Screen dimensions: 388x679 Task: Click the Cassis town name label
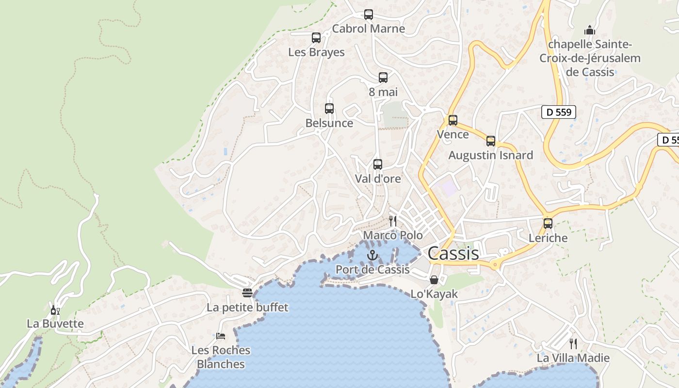pos(453,253)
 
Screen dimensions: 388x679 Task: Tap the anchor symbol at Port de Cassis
pos(372,255)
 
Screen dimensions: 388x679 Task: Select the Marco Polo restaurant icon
pos(393,221)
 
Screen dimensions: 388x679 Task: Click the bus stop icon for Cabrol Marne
pos(369,15)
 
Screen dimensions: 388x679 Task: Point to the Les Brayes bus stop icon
pos(316,38)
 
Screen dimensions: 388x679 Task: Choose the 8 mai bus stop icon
pos(383,78)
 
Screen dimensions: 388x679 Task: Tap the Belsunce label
pos(329,123)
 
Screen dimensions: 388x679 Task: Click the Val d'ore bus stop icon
pos(378,164)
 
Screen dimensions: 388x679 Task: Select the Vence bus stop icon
pos(453,120)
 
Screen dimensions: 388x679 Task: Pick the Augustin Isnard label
pos(490,155)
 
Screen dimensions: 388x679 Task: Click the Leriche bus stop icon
pos(548,224)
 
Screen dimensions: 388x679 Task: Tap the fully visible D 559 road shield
pos(558,112)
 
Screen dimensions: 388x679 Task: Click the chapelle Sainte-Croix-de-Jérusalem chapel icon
pos(590,30)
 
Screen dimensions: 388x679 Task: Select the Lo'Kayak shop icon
pos(434,280)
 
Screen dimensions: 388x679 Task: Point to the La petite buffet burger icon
pos(247,293)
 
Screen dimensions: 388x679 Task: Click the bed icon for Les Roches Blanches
pos(221,336)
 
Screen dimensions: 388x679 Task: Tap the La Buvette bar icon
pos(55,310)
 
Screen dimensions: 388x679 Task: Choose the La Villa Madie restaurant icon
pos(573,344)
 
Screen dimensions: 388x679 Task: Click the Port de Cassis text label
pos(372,270)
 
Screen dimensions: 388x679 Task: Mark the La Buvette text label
pos(55,323)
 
